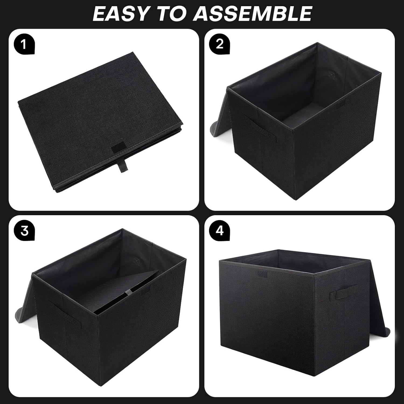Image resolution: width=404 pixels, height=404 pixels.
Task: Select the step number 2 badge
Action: point(220,43)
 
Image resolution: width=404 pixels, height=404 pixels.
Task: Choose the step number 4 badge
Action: point(220,231)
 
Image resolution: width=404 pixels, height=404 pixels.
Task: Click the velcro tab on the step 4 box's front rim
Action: point(261,274)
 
